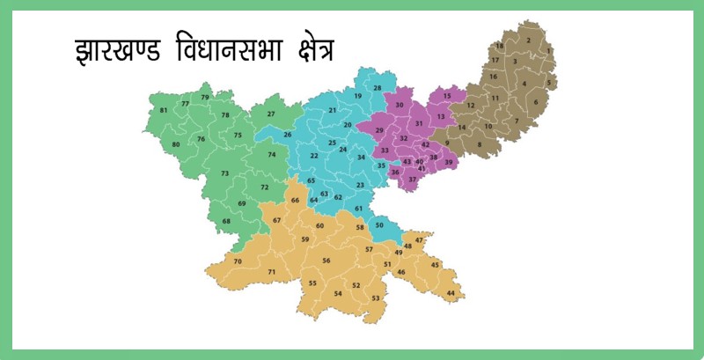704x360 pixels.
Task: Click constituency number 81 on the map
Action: tap(164, 110)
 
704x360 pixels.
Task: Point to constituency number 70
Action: tap(238, 261)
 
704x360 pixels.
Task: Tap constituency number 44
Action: tap(451, 293)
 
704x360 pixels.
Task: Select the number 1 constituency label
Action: tap(549, 50)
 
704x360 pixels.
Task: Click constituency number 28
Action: tap(378, 88)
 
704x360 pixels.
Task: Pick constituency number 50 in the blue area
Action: tap(379, 226)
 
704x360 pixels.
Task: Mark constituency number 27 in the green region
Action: tap(271, 114)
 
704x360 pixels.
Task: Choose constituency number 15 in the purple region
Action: tap(447, 95)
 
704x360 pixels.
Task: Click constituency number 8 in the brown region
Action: tap(480, 144)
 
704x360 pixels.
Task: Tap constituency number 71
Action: tap(272, 272)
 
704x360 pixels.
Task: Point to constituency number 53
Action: tap(376, 298)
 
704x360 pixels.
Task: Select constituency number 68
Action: tap(227, 221)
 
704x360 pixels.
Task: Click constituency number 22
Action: tap(314, 156)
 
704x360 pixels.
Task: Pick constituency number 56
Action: tap(326, 261)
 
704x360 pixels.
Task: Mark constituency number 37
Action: tap(412, 179)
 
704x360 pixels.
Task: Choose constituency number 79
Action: tap(205, 97)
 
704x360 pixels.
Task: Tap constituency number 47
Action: tap(419, 239)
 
